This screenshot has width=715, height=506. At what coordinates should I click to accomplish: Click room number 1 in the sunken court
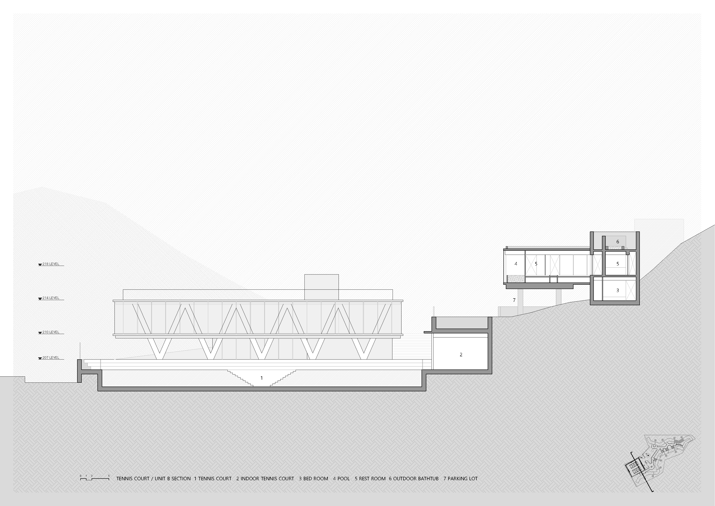[x=262, y=378]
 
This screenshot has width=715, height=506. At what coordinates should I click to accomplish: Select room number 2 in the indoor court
[x=461, y=355]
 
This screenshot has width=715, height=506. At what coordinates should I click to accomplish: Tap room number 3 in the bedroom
[x=618, y=290]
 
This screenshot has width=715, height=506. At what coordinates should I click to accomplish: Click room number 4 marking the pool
[x=516, y=264]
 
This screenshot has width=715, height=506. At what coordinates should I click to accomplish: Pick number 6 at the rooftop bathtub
[x=618, y=242]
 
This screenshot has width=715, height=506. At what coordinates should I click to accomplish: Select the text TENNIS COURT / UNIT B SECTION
[x=154, y=479]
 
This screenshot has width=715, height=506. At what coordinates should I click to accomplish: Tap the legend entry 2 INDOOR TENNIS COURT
[x=265, y=479]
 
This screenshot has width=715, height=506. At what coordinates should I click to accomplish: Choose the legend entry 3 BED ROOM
[x=314, y=479]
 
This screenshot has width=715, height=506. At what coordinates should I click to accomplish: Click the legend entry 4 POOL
[x=341, y=479]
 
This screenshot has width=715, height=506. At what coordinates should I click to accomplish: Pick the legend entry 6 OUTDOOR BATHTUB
[x=414, y=479]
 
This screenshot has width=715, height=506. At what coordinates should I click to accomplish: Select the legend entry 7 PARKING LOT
[x=461, y=479]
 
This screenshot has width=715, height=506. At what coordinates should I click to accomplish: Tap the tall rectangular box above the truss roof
[x=321, y=287]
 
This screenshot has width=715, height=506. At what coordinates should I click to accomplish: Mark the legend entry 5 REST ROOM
[x=370, y=479]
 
